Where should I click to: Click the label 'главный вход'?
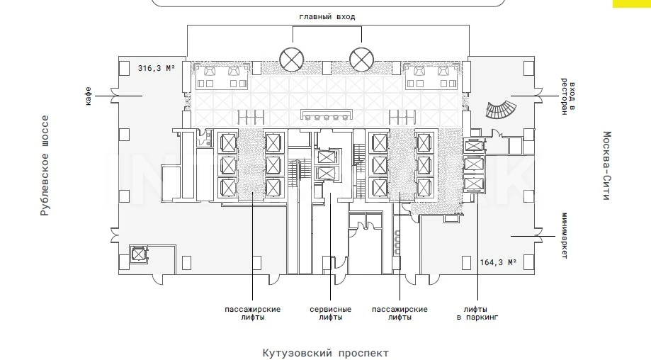pyautogui.click(x=327, y=16)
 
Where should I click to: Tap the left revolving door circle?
pyautogui.click(x=291, y=58)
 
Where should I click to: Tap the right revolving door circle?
pyautogui.click(x=361, y=58)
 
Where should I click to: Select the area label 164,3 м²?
pyautogui.click(x=497, y=262)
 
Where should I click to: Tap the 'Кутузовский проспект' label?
pyautogui.click(x=325, y=352)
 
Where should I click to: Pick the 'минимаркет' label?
pyautogui.click(x=564, y=235)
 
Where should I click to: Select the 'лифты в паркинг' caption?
pyautogui.click(x=477, y=313)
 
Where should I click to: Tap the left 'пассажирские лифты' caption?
pyautogui.click(x=252, y=313)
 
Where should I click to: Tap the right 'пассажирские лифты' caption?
pyautogui.click(x=400, y=313)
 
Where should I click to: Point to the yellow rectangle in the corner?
pyautogui.click(x=631, y=4)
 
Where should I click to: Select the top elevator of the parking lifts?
pyautogui.click(x=472, y=147)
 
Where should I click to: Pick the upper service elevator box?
pyautogui.click(x=325, y=156)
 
